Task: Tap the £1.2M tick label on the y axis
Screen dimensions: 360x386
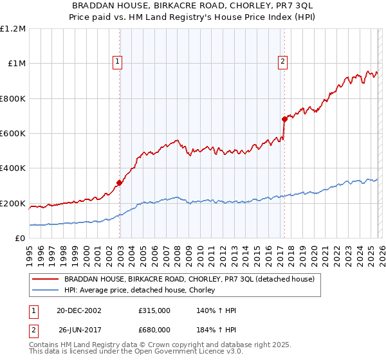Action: (x=13, y=29)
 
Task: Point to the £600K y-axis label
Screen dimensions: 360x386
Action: (x=13, y=134)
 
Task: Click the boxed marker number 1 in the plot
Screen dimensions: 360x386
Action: (x=118, y=62)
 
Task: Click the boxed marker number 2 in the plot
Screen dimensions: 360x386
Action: (x=282, y=62)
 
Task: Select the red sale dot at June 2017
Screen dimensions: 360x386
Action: (x=284, y=119)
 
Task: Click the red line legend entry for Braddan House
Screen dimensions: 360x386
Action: (x=188, y=280)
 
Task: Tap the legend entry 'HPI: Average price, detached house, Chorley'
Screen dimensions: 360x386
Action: (x=142, y=291)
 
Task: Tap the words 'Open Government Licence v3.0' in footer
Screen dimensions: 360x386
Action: (x=195, y=353)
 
